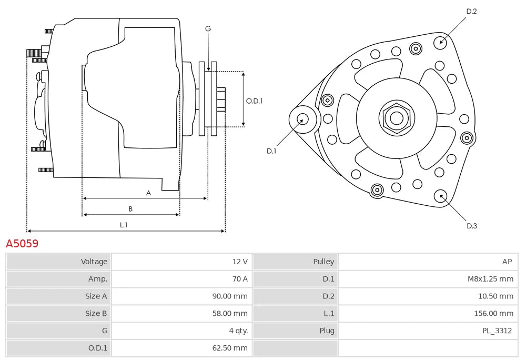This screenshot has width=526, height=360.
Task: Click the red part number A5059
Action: coord(22,244)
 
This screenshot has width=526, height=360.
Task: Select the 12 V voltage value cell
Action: coord(239,262)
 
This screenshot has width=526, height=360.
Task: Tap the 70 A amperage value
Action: coord(239,279)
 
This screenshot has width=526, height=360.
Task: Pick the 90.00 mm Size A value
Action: coord(229,296)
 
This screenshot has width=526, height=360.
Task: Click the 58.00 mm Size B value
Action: coord(229,314)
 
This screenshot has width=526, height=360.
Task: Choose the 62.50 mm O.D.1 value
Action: coord(229,348)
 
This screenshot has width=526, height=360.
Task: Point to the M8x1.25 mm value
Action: coord(490,279)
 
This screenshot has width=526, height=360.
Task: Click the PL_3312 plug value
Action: coord(497,331)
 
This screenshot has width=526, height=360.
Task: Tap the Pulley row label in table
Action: coord(323,262)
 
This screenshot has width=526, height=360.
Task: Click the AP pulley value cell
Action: coord(507,262)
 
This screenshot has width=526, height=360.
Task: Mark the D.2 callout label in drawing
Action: coord(471,11)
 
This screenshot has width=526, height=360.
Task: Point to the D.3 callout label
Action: coord(472,226)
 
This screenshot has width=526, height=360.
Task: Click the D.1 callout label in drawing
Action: coord(271,151)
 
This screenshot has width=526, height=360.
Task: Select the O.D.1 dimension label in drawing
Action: coord(254,101)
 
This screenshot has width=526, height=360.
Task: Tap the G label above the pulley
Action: coord(208,29)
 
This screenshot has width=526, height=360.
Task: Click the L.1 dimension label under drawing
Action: coord(124,225)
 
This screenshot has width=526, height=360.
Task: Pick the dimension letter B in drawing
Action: coord(130,209)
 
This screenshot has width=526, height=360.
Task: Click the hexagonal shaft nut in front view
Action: coord(396,118)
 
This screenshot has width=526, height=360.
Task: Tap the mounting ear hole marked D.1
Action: coord(304,118)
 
